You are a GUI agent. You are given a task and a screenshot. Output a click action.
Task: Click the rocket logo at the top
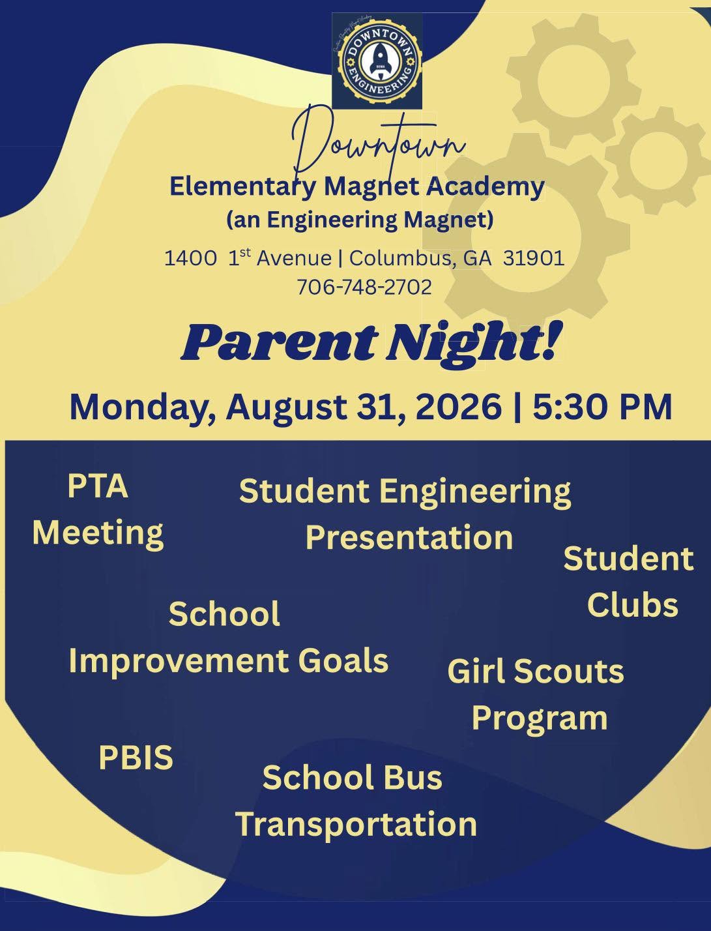click(x=377, y=61)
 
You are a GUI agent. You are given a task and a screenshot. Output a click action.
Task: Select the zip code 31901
click(x=534, y=258)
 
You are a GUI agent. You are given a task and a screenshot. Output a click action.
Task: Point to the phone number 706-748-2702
click(x=364, y=287)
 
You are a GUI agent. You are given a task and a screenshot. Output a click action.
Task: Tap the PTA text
click(x=98, y=486)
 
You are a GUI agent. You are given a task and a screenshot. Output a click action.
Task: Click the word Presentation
click(x=409, y=537)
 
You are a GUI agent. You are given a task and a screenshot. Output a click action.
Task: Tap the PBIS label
click(x=136, y=758)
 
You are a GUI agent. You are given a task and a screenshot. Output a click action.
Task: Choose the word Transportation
click(x=356, y=823)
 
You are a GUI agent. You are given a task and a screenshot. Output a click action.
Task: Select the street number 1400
click(x=190, y=258)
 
